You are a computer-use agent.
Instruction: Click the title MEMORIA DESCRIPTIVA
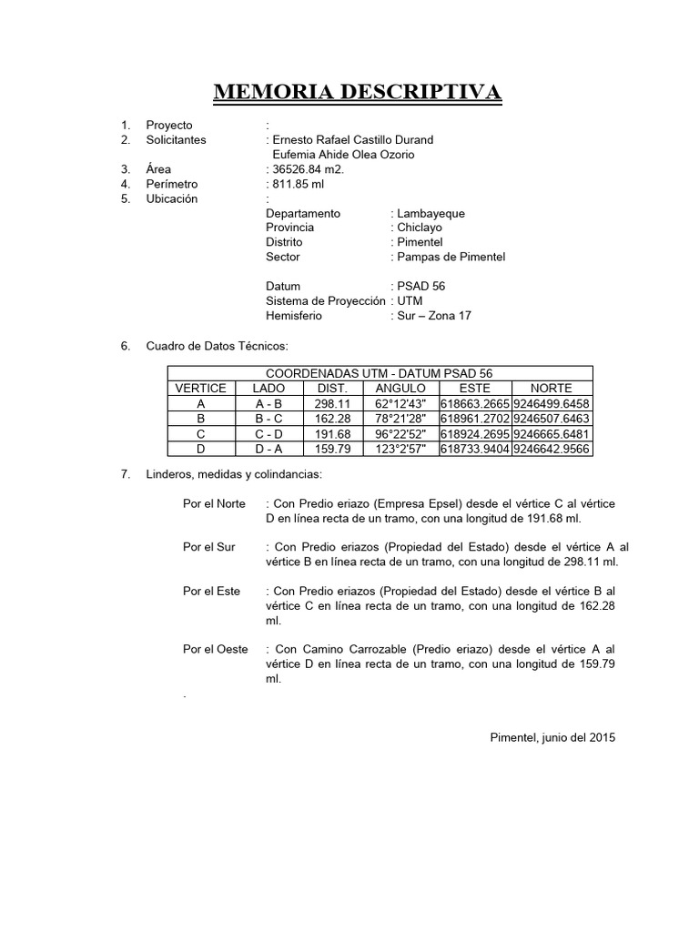pyautogui.click(x=357, y=93)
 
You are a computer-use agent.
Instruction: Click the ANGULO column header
pyautogui.click(x=400, y=389)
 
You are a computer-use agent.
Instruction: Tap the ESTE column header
pyautogui.click(x=475, y=389)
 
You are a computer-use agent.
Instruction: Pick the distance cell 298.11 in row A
pyautogui.click(x=331, y=403)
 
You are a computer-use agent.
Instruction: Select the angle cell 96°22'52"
pyautogui.click(x=400, y=433)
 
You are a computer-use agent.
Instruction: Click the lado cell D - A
pyautogui.click(x=268, y=449)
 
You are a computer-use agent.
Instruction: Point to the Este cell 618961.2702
pyautogui.click(x=475, y=419)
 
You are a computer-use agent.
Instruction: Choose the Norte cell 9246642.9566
pyautogui.click(x=552, y=449)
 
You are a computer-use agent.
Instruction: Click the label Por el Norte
pyautogui.click(x=213, y=503)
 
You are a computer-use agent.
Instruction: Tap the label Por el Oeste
pyautogui.click(x=214, y=649)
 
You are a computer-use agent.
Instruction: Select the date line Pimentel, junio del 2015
pyautogui.click(x=552, y=737)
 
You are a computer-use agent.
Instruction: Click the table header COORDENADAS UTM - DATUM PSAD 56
pyautogui.click(x=380, y=373)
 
